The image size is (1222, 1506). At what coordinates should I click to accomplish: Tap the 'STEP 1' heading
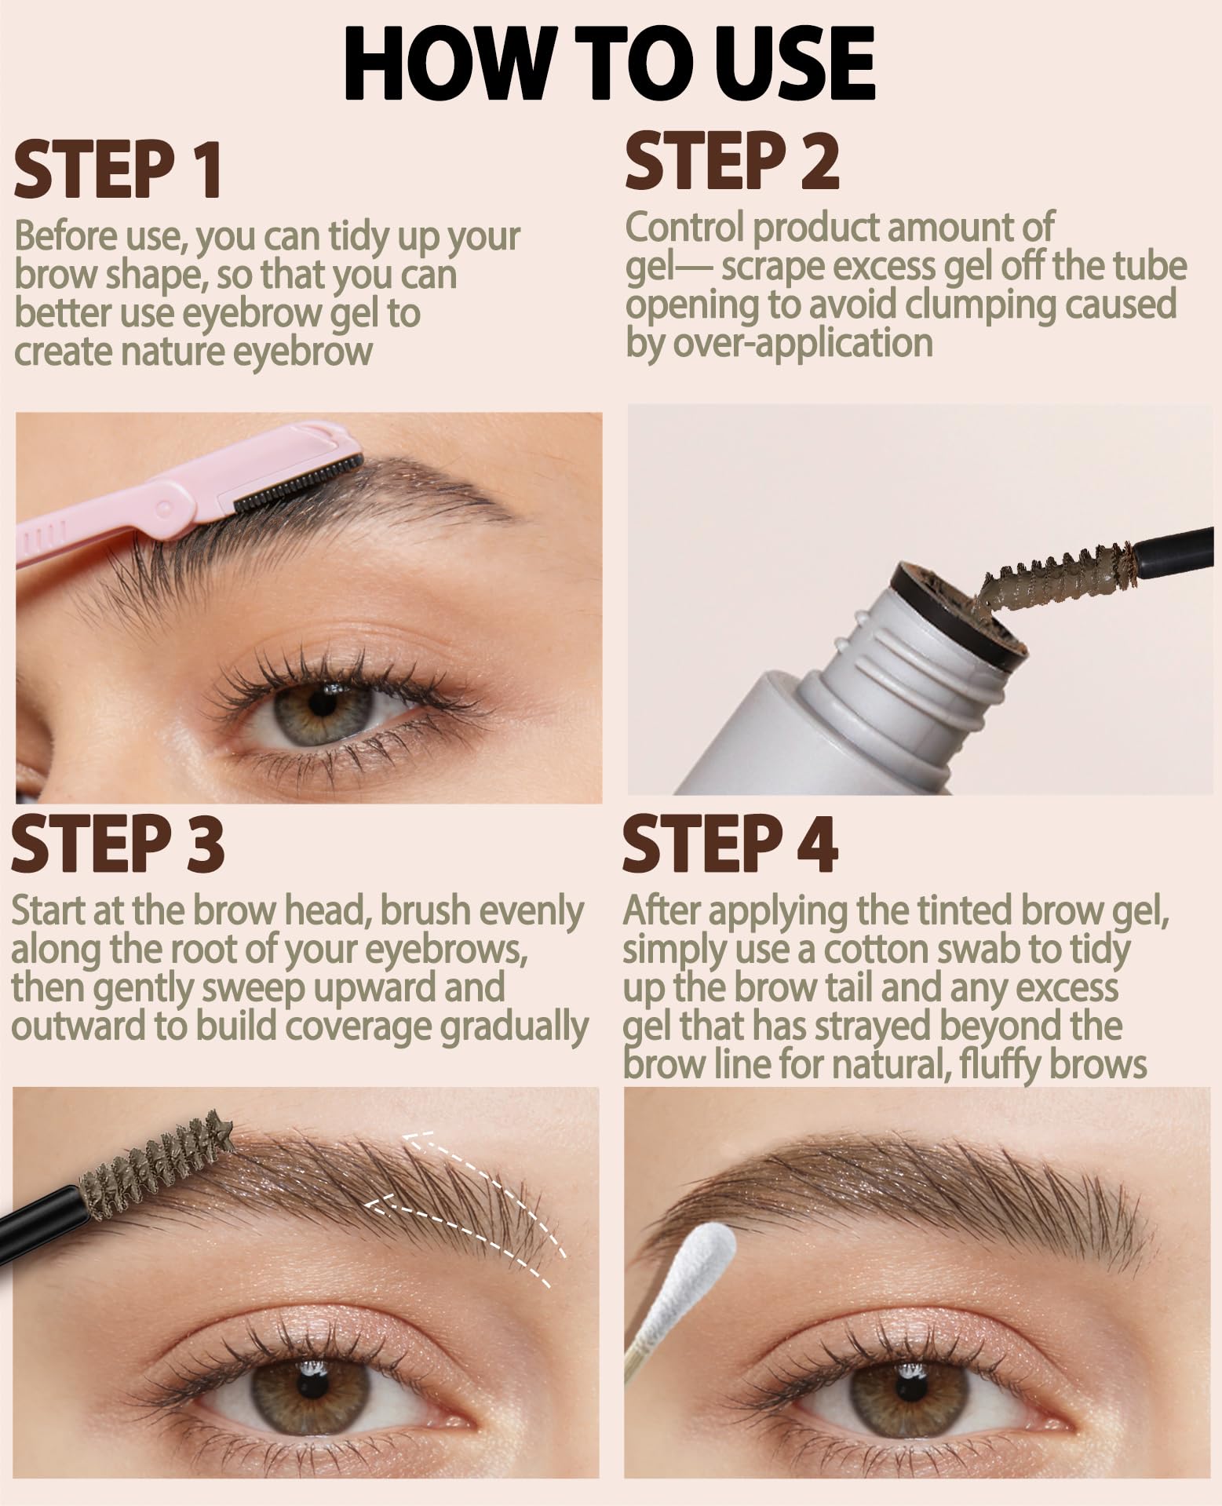tap(118, 170)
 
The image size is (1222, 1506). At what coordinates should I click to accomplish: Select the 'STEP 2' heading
tap(732, 161)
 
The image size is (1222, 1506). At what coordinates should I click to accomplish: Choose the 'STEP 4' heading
tap(730, 844)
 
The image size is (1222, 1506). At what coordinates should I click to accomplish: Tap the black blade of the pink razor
tap(298, 482)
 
